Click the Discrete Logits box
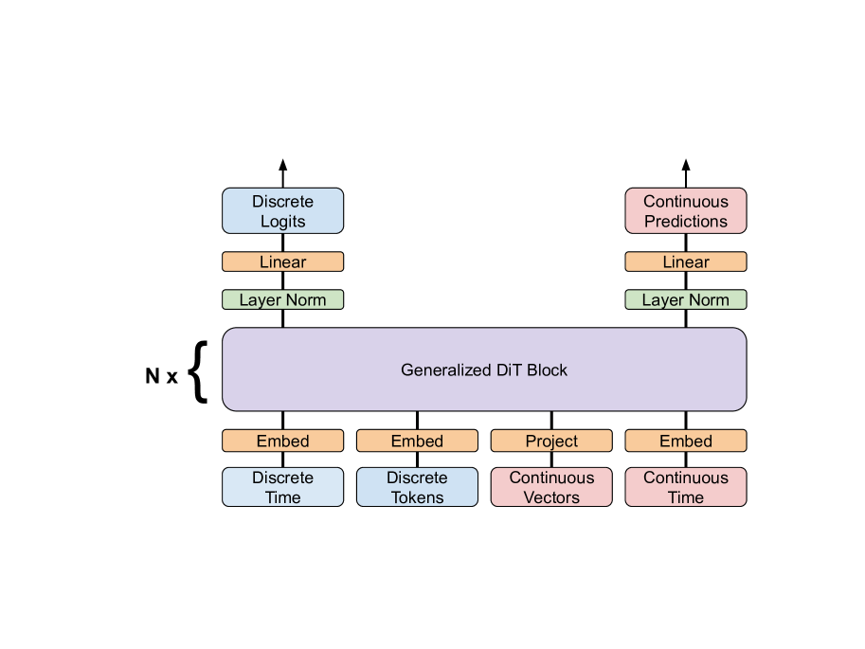tap(282, 210)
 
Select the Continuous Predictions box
tap(685, 210)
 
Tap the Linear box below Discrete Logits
tap(282, 261)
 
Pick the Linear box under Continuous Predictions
tap(685, 261)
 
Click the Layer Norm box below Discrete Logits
tap(282, 299)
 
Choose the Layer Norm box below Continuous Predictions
tap(685, 299)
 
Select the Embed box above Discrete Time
tap(282, 441)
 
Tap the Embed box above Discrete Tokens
tap(417, 441)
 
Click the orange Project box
tap(551, 441)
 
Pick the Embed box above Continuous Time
tap(685, 441)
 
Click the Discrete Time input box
tap(282, 487)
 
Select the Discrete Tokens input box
tap(417, 487)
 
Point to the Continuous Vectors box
tap(551, 487)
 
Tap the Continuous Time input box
tap(685, 487)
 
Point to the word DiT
tap(510, 370)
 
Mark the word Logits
tap(282, 222)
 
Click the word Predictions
tap(685, 222)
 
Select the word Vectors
tap(551, 497)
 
